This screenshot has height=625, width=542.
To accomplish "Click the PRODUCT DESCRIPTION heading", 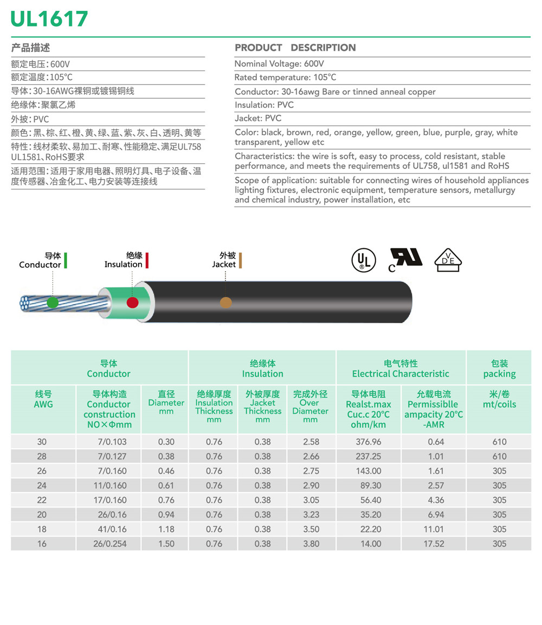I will (x=295, y=48).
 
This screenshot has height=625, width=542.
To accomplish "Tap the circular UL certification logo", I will (x=363, y=260).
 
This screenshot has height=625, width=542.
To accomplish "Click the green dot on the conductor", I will (x=53, y=303).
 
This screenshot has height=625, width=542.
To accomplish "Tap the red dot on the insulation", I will (x=132, y=303).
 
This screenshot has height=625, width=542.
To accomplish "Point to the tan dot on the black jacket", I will (x=225, y=302).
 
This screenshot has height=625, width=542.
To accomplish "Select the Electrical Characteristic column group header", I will (x=401, y=368).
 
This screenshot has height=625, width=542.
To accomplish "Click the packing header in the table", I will (x=499, y=368).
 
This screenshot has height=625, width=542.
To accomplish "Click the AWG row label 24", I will (x=42, y=486).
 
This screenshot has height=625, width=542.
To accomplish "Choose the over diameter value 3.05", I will (x=311, y=500).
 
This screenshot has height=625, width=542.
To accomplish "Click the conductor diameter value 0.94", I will (x=166, y=514).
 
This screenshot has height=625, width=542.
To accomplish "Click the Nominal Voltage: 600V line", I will (x=279, y=64).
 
